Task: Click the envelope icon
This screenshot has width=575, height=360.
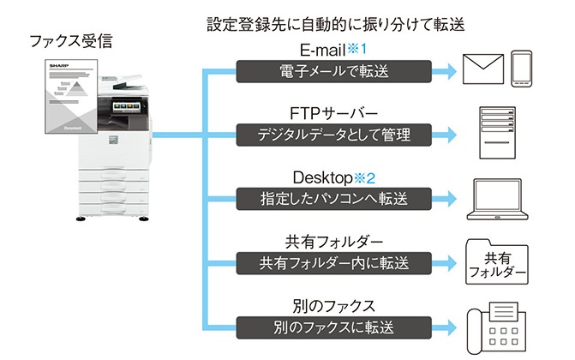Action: click(x=482, y=69)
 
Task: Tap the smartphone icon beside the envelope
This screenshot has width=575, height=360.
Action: click(x=523, y=69)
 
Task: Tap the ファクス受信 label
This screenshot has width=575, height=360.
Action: click(x=70, y=40)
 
